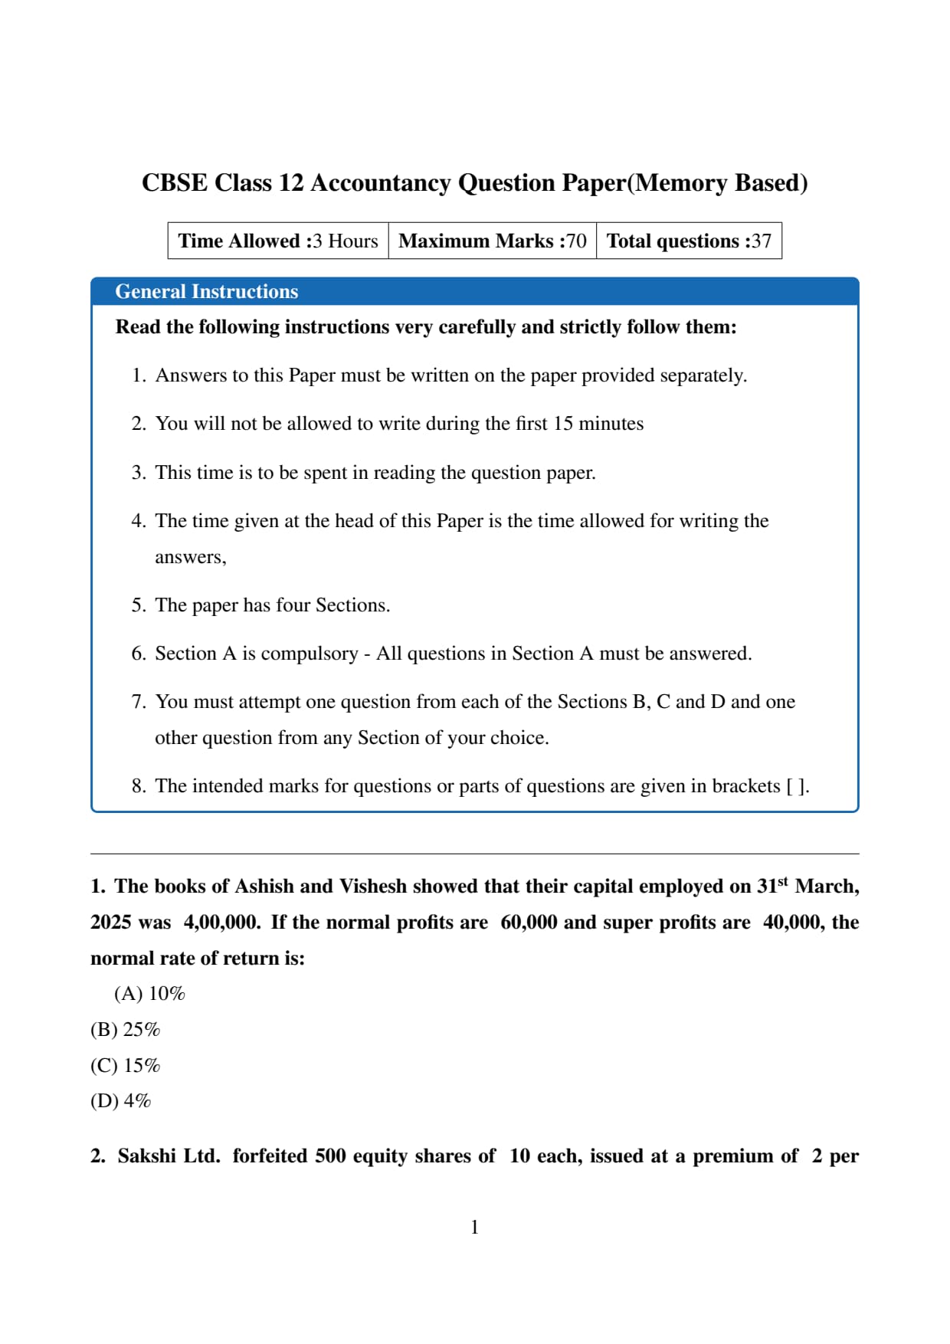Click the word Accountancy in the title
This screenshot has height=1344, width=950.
(380, 183)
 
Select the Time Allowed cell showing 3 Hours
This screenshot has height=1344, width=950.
(278, 241)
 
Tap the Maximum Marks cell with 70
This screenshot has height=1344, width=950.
(492, 241)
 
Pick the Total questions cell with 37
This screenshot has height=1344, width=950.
(689, 241)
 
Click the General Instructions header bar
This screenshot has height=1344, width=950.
(474, 291)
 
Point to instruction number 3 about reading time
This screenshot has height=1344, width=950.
(375, 472)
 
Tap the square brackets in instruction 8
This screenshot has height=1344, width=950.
(797, 786)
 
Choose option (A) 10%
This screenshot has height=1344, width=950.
(149, 994)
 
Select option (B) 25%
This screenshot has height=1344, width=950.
(125, 1030)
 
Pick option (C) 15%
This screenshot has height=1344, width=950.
(125, 1066)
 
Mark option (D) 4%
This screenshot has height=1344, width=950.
(120, 1101)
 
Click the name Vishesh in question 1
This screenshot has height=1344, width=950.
(372, 887)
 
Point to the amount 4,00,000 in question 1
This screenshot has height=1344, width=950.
(221, 923)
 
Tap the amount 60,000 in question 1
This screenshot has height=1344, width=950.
(529, 923)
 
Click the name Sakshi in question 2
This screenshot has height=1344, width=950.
(147, 1156)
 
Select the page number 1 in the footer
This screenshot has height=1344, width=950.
(474, 1227)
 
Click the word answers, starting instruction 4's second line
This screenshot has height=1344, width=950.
(190, 557)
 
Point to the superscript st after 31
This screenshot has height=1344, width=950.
(782, 881)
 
